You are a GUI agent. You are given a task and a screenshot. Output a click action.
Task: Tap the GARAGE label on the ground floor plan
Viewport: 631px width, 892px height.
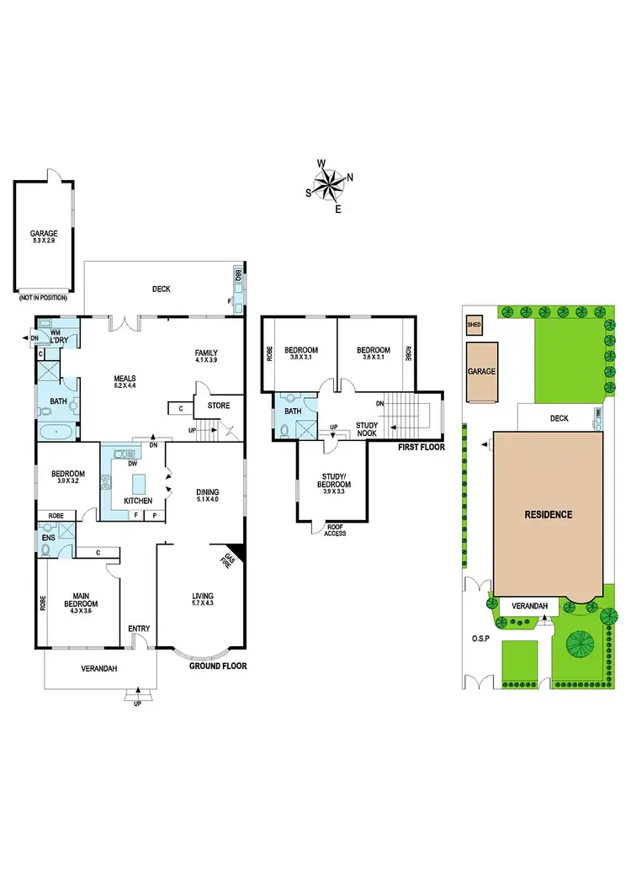point(43,235)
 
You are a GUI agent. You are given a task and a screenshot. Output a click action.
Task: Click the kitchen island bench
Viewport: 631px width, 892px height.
point(138,485)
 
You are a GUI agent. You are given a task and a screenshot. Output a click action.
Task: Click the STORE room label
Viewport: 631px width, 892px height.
point(219,406)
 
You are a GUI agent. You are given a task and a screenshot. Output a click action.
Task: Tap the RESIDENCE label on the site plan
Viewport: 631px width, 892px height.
point(549,514)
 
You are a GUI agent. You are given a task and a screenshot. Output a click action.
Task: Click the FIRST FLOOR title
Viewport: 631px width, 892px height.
point(421,448)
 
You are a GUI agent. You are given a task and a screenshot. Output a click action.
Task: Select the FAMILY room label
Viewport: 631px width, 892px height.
point(206,353)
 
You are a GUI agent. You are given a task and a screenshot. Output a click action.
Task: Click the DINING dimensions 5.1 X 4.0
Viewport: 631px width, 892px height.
point(207,499)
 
